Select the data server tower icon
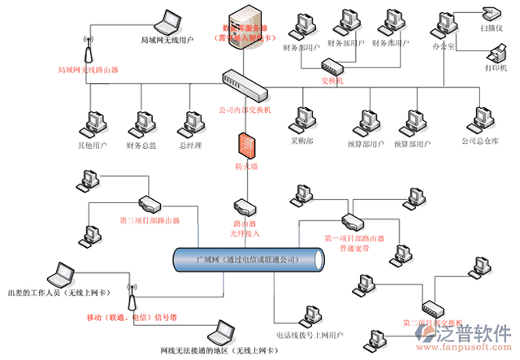[246, 23]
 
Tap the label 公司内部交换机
[245, 108]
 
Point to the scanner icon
[492, 12]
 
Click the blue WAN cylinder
[248, 260]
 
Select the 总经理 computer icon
[193, 124]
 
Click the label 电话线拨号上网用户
[310, 334]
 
